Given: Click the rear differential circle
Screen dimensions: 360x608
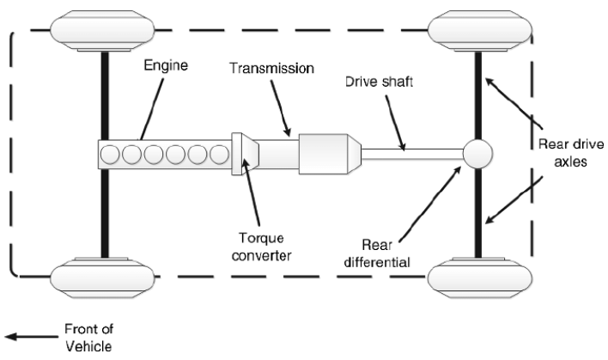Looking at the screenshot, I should pos(477,155).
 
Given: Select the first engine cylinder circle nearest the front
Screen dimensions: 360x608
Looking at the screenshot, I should pos(112,156).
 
